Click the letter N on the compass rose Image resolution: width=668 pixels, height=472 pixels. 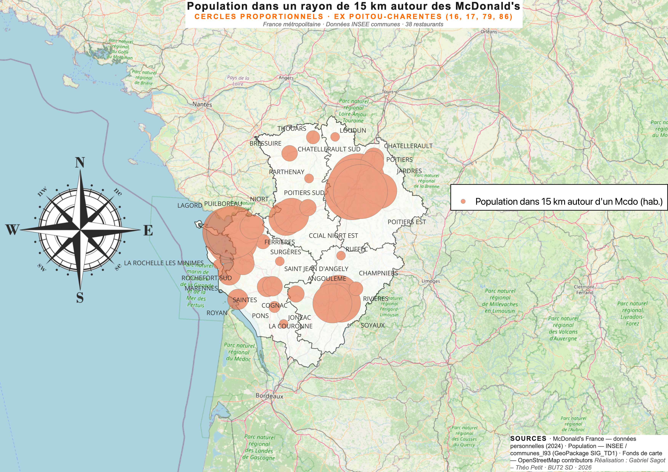tap(80, 163)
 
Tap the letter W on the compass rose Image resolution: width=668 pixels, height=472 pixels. tap(12, 230)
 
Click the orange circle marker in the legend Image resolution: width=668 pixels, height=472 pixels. tap(463, 201)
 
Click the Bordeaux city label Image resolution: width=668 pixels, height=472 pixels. tap(269, 396)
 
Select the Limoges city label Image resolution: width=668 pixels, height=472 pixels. tap(431, 281)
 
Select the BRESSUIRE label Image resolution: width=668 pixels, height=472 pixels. tap(265, 143)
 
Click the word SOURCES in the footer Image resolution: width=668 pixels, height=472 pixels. tap(528, 439)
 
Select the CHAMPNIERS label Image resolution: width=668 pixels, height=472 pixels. tap(378, 273)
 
